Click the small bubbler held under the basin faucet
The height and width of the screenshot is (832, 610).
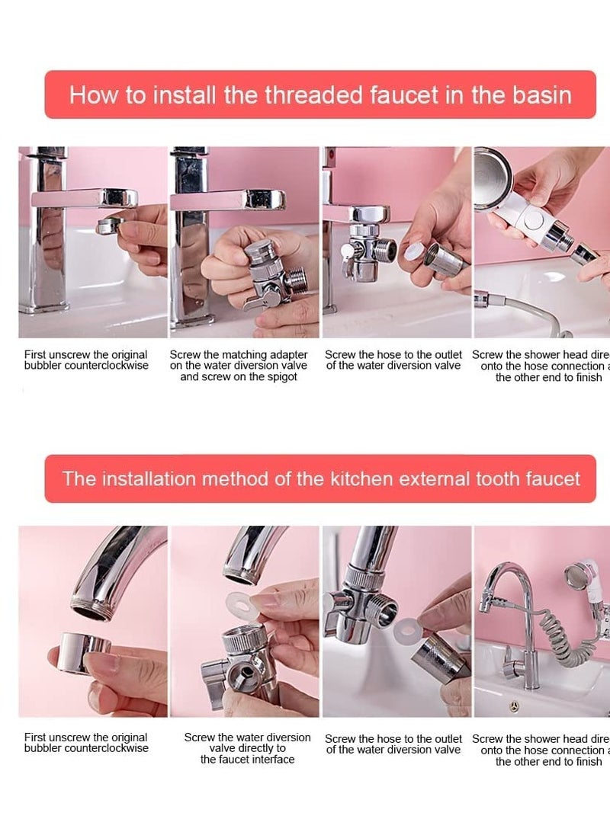(x=109, y=225)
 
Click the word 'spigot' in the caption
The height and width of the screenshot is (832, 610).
(x=278, y=377)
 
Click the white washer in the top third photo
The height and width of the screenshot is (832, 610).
(x=415, y=251)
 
